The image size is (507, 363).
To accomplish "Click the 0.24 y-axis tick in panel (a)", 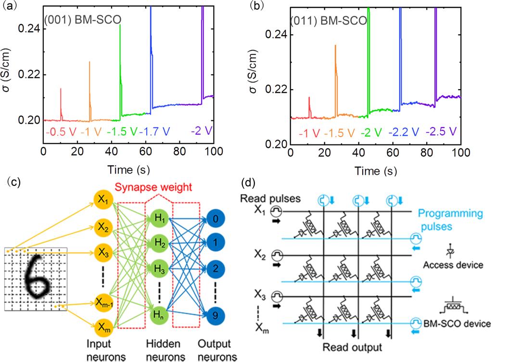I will click(x=28, y=29).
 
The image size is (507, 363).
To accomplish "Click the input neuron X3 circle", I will click(x=103, y=251).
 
